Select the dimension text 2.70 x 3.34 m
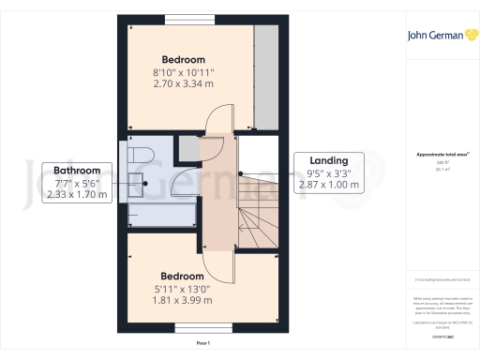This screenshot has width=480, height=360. click(183, 83)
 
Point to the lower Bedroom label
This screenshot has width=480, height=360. click(182, 276)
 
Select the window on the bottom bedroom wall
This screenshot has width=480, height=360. click(194, 328)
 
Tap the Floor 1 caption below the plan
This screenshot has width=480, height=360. click(203, 344)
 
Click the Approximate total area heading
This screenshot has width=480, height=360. click(436, 153)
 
